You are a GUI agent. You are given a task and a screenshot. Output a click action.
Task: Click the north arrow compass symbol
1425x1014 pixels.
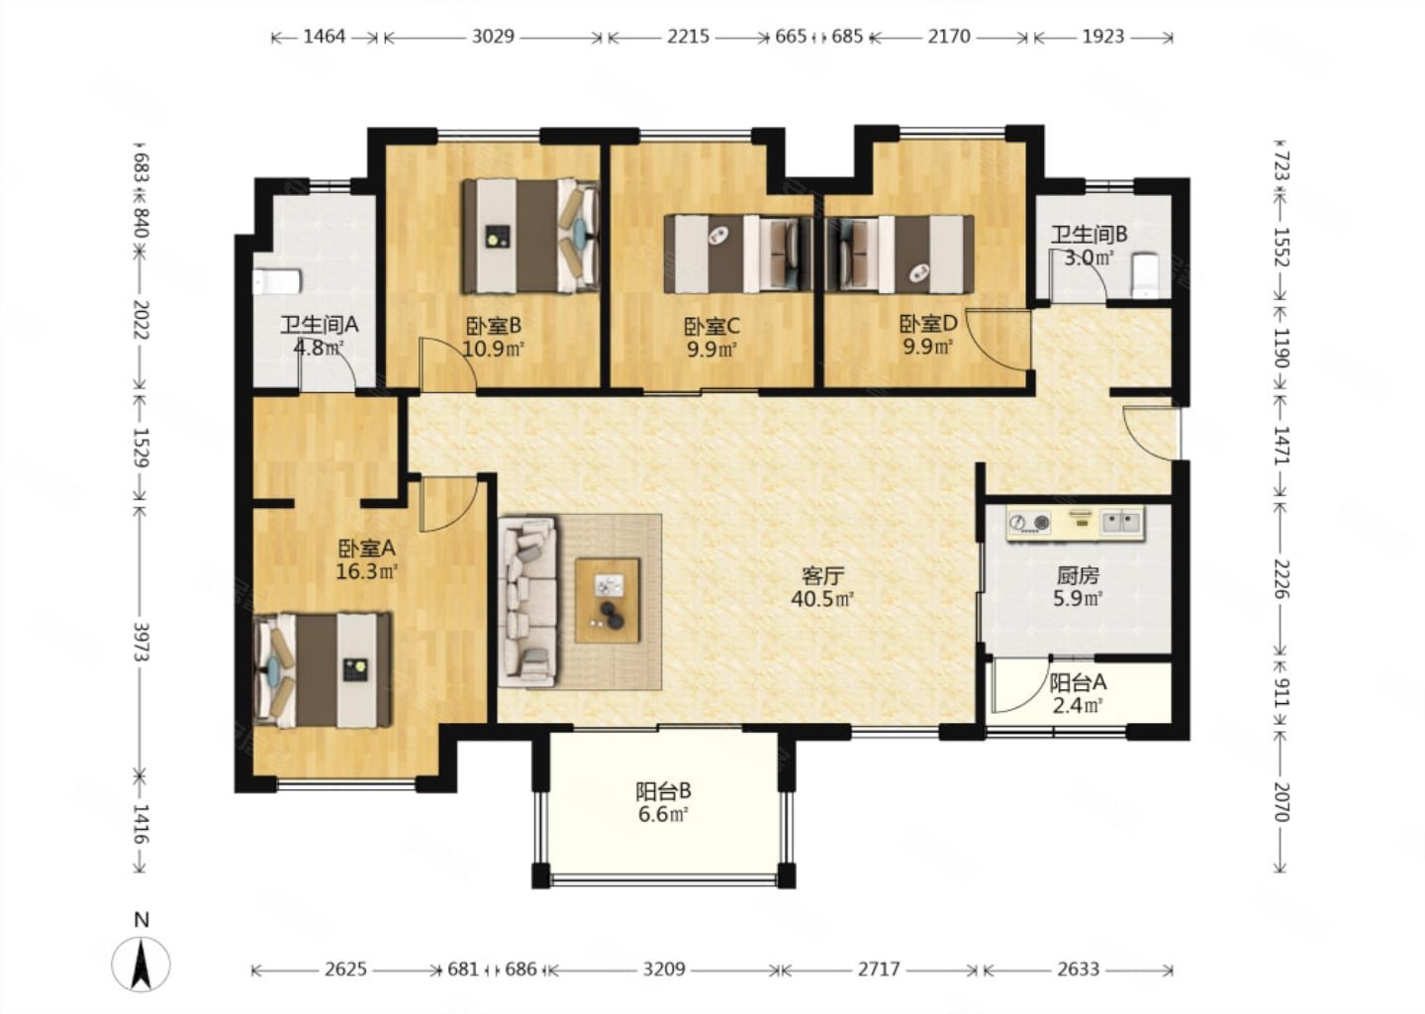[x=141, y=964]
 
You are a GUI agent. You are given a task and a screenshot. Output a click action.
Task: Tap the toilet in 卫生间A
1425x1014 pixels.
[x=277, y=282]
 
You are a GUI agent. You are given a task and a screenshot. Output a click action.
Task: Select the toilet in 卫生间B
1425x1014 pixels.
[x=1146, y=275]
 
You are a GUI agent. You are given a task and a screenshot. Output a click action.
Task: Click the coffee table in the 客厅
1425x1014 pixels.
[x=608, y=600]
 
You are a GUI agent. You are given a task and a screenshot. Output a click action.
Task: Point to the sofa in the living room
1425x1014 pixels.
[x=527, y=601]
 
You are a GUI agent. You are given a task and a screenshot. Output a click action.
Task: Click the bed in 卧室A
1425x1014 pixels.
[x=323, y=669]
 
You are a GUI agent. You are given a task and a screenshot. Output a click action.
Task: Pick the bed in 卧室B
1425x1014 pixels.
[x=530, y=236]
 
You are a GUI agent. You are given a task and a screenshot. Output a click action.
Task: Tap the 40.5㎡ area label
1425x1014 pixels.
[x=822, y=599]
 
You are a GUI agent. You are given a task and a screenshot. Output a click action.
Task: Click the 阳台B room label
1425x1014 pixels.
[x=663, y=791]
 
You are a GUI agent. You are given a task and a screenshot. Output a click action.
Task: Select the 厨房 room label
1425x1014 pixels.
[x=1078, y=575]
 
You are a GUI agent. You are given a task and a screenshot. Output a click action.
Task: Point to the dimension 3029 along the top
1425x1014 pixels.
[x=493, y=37]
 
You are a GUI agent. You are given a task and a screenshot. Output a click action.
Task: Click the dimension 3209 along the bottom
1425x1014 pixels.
[x=663, y=968]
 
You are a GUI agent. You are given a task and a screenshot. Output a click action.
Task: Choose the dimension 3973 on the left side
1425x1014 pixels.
[x=142, y=643]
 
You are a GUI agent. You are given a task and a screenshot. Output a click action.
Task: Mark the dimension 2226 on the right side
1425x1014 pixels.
[x=1281, y=578]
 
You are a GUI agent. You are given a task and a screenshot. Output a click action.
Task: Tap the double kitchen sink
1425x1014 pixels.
[x=1121, y=522]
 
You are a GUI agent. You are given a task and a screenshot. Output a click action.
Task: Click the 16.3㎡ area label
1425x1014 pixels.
[x=366, y=571]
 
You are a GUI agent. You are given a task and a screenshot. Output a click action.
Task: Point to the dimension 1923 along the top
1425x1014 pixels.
[x=1103, y=37]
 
